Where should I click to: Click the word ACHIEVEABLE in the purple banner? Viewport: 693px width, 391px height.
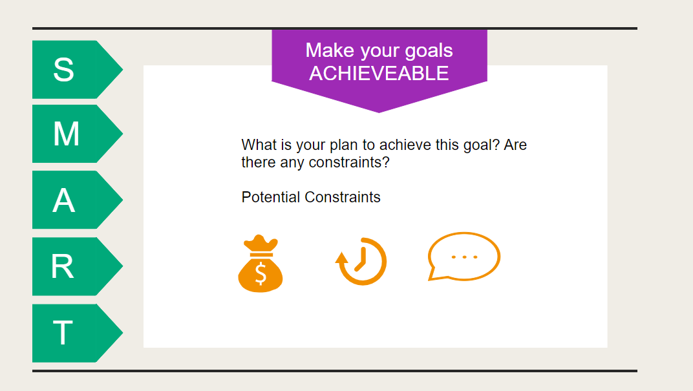pyautogui.click(x=379, y=74)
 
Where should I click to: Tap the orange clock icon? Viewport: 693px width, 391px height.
pyautogui.click(x=362, y=262)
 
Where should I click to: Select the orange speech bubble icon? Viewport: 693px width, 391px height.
pyautogui.click(x=464, y=257)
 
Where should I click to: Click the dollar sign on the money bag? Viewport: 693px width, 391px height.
pyautogui.click(x=261, y=273)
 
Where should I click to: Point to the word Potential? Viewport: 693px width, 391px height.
pyautogui.click(x=271, y=197)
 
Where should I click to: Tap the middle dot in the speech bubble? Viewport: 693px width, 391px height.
pyautogui.click(x=464, y=257)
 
